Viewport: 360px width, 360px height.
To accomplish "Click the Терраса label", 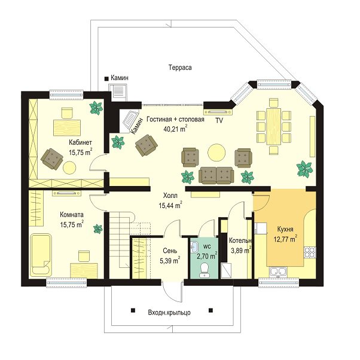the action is coord(180,68).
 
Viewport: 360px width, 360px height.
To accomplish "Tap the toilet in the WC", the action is coord(204,270).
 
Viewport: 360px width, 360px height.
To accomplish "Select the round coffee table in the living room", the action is coord(216,152).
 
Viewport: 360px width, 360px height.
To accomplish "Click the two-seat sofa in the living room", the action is coord(216,176).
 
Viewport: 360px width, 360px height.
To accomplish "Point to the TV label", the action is coord(219,121).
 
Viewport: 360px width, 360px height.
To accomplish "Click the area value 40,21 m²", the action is coord(175,129).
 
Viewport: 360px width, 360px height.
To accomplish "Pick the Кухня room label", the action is coord(285,230).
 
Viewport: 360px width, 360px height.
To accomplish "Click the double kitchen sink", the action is coord(278,271).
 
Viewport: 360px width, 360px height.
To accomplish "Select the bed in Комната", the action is coord(41,254).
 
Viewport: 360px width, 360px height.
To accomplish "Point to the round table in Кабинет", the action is coord(69,167).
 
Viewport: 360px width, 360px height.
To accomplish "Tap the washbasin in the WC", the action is coord(194,247).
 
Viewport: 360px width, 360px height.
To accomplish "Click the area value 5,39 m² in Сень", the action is coord(170,261).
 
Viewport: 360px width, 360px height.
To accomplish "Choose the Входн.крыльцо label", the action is coord(169,313).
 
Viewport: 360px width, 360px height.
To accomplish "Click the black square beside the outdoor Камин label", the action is coord(106,79).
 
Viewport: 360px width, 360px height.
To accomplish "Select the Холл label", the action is coord(170,196).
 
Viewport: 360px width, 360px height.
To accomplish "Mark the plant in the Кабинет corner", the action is coord(96,108).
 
